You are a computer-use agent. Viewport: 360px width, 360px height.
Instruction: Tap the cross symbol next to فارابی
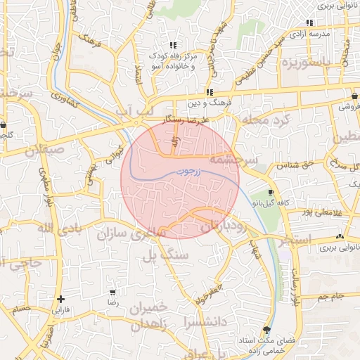61,299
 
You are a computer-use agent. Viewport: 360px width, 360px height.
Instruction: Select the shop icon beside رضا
112,292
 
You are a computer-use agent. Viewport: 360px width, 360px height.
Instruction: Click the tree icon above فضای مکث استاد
266,330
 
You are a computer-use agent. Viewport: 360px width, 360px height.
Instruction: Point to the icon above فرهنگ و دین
210,92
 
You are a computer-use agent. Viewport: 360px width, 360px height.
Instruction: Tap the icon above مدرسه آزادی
309,22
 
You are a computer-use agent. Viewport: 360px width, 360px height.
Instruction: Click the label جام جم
330,296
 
